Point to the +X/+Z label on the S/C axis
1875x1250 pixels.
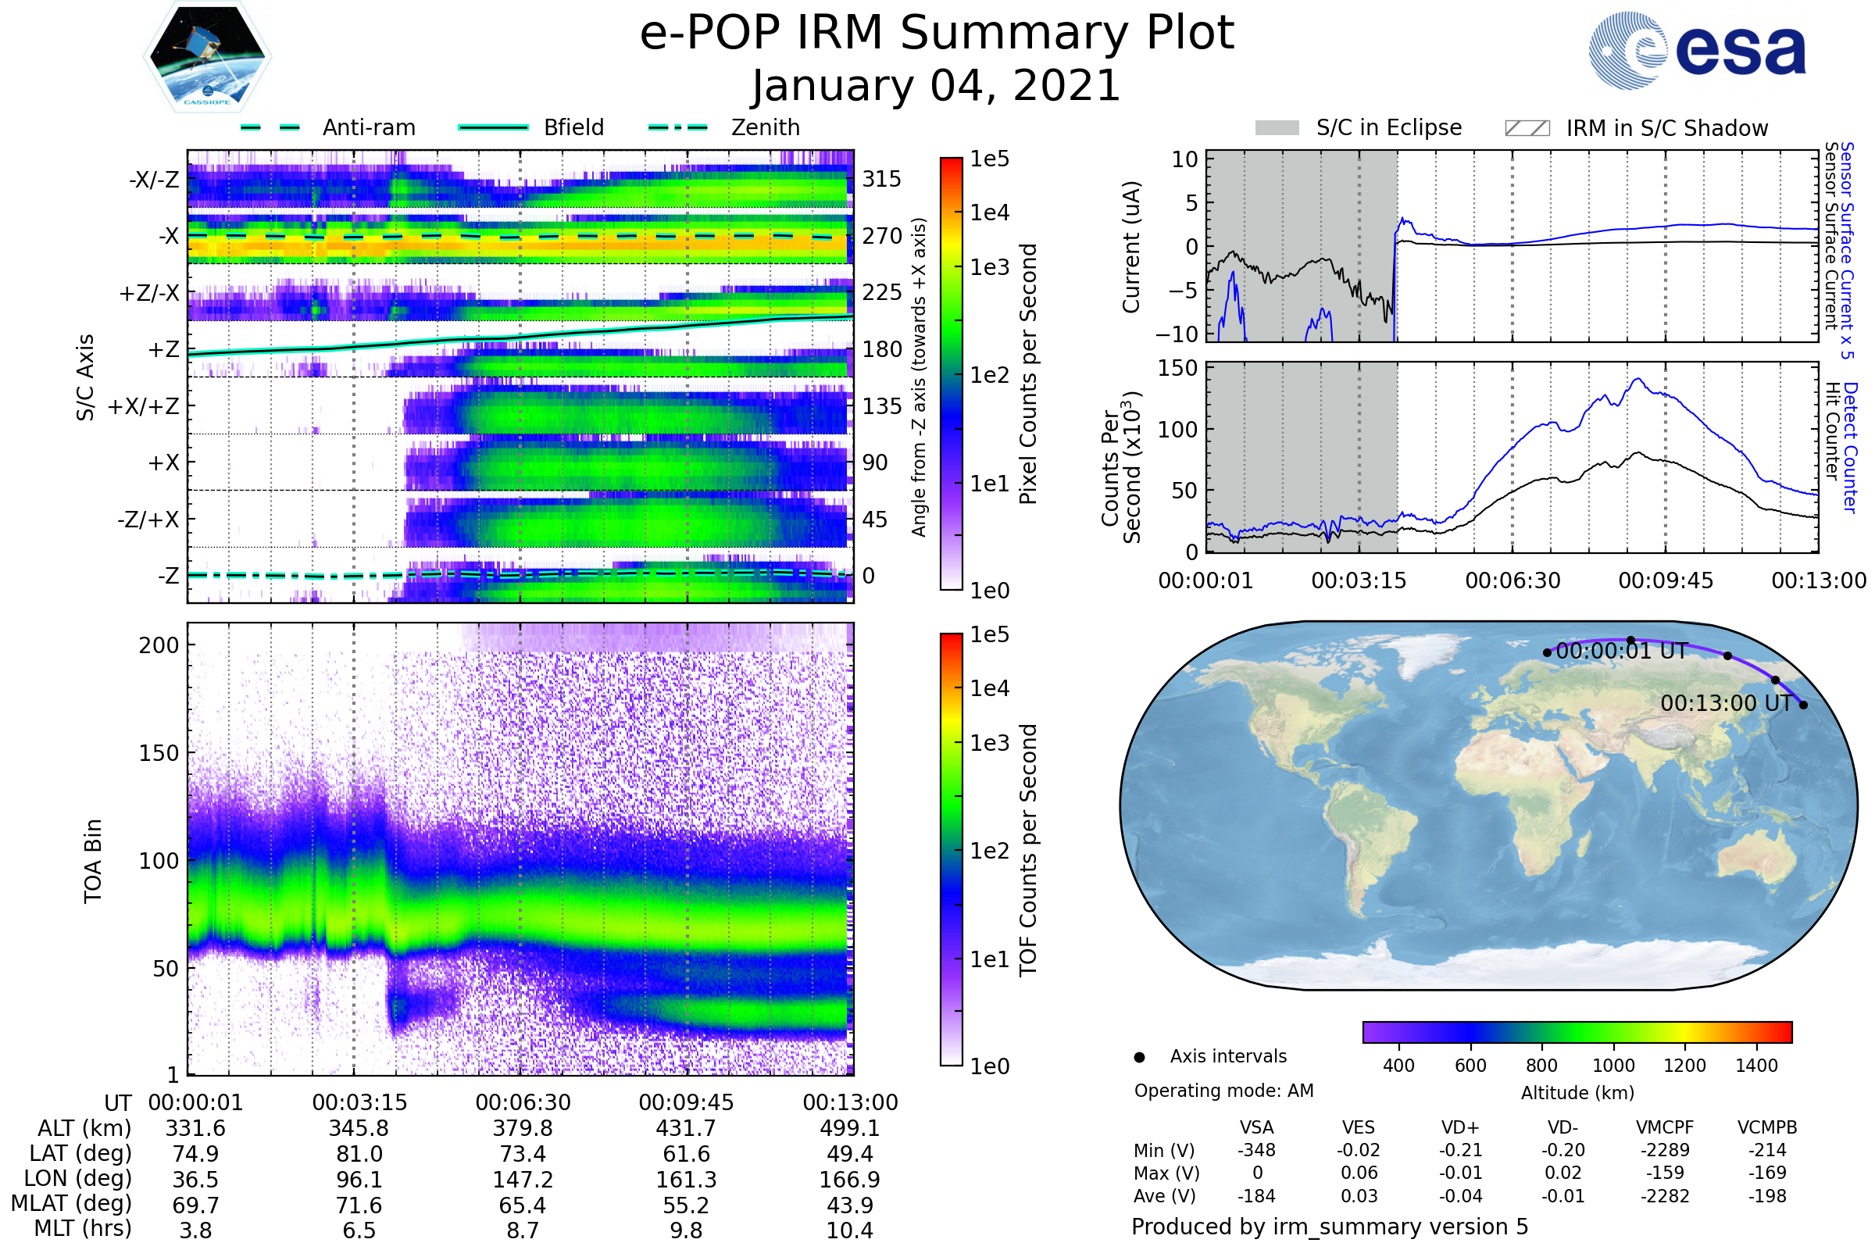pyautogui.click(x=144, y=406)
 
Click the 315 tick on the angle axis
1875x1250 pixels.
pyautogui.click(x=881, y=179)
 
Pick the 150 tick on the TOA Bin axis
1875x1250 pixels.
pyautogui.click(x=159, y=753)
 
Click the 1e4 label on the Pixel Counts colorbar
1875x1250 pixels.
pyautogui.click(x=989, y=212)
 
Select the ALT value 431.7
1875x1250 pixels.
pyautogui.click(x=686, y=1128)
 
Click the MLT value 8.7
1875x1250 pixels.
pyautogui.click(x=522, y=1230)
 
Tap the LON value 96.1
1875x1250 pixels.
pyautogui.click(x=359, y=1179)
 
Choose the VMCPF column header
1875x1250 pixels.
pyautogui.click(x=1665, y=1127)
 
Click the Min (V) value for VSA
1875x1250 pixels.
pyautogui.click(x=1256, y=1150)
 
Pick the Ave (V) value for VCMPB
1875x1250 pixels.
pyautogui.click(x=1766, y=1196)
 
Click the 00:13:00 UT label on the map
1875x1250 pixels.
pyautogui.click(x=1726, y=703)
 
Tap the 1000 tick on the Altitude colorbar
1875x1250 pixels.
pyautogui.click(x=1613, y=1066)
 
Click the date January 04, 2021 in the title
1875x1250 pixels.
pyautogui.click(x=937, y=85)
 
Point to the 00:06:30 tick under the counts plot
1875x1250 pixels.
pyautogui.click(x=1512, y=580)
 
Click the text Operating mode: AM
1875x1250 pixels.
pyautogui.click(x=1223, y=1091)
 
